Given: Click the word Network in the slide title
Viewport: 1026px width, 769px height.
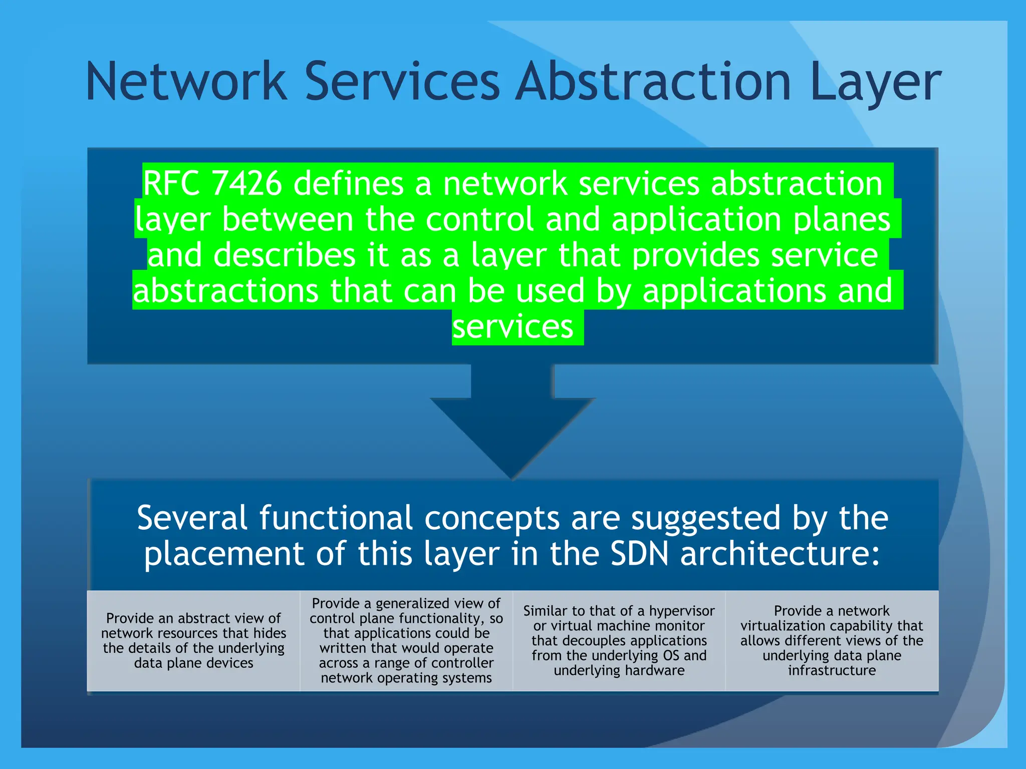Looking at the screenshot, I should [x=186, y=81].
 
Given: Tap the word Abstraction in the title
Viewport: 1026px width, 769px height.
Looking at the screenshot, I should [x=653, y=81].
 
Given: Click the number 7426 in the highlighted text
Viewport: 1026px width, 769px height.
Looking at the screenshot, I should [x=247, y=183].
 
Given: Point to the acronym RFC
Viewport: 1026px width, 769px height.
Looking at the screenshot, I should [x=172, y=183].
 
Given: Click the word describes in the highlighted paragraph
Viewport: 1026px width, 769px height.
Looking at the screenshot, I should [x=285, y=255].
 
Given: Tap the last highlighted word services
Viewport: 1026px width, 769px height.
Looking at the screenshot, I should [x=512, y=327].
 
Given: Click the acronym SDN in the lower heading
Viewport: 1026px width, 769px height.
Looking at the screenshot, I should [x=639, y=554].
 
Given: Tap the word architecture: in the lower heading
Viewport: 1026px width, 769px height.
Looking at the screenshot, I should [x=780, y=554].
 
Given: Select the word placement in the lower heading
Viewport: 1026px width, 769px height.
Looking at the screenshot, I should [x=224, y=555].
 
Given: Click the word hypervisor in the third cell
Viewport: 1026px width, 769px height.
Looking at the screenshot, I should [x=681, y=611].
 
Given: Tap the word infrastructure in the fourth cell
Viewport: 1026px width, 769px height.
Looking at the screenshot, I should [x=832, y=670].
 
